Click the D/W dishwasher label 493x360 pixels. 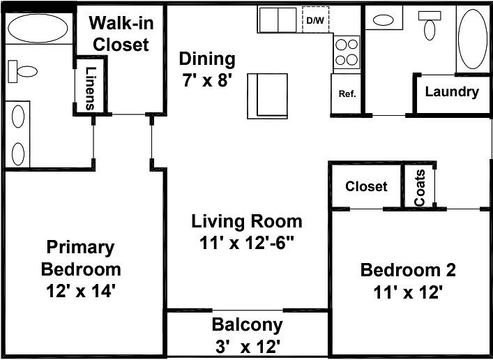tap(314, 21)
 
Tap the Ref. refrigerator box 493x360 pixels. tap(346, 93)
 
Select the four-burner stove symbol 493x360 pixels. tap(347, 52)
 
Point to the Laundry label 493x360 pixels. tap(452, 91)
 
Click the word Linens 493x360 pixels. tap(90, 88)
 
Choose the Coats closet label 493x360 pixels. tap(420, 188)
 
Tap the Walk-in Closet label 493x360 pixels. tap(121, 33)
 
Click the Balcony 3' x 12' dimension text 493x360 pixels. tap(248, 347)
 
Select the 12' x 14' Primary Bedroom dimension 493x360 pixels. tap(79, 291)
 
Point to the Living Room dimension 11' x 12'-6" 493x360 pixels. tap(247, 243)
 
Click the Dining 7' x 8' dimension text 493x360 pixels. tap(207, 80)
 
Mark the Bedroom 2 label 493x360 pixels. tap(408, 270)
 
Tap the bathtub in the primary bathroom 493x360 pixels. tap(38, 29)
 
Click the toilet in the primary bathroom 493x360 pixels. tap(22, 71)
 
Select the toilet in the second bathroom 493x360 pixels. tap(430, 25)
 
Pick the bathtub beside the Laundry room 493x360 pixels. tap(473, 39)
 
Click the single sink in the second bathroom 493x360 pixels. tap(383, 20)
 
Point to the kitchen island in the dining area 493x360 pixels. tap(267, 96)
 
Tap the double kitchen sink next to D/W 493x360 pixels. tap(278, 20)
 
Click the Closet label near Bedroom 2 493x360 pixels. tap(366, 186)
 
